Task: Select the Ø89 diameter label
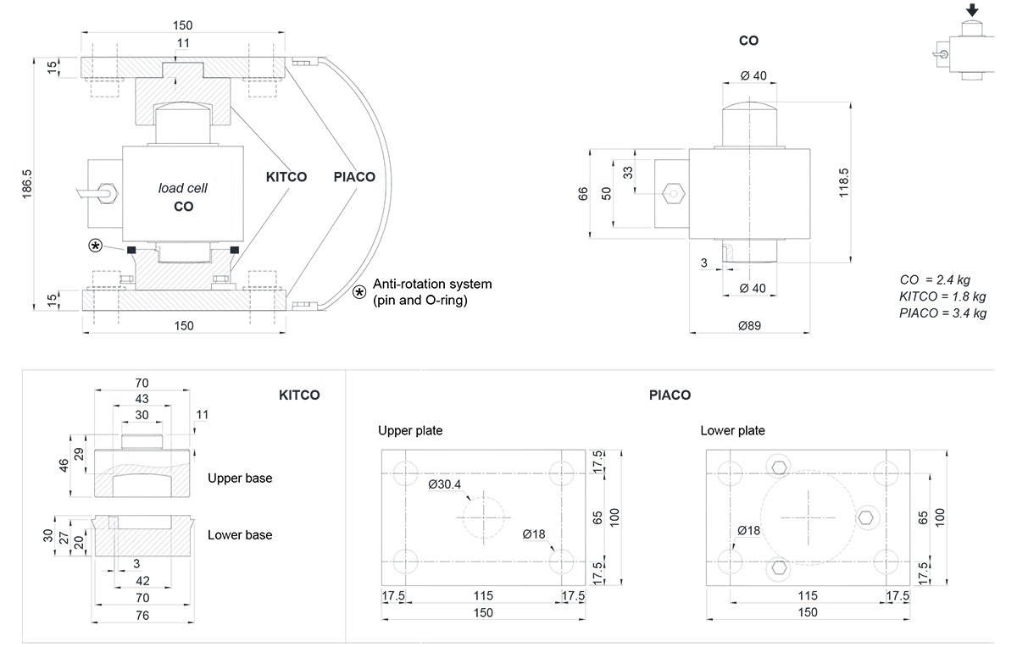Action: click(749, 324)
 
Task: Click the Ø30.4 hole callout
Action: click(445, 484)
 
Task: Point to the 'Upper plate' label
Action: click(410, 430)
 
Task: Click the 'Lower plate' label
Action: click(732, 430)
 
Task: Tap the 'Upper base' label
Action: click(240, 478)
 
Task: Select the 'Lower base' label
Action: click(240, 534)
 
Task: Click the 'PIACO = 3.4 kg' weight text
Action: click(942, 313)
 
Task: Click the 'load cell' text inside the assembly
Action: click(183, 188)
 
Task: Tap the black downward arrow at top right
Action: click(972, 10)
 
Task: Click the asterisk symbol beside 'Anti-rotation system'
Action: click(360, 292)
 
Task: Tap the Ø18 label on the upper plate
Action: click(534, 534)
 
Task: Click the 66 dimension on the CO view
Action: click(582, 192)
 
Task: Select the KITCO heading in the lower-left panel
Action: click(299, 395)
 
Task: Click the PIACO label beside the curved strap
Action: click(354, 177)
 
